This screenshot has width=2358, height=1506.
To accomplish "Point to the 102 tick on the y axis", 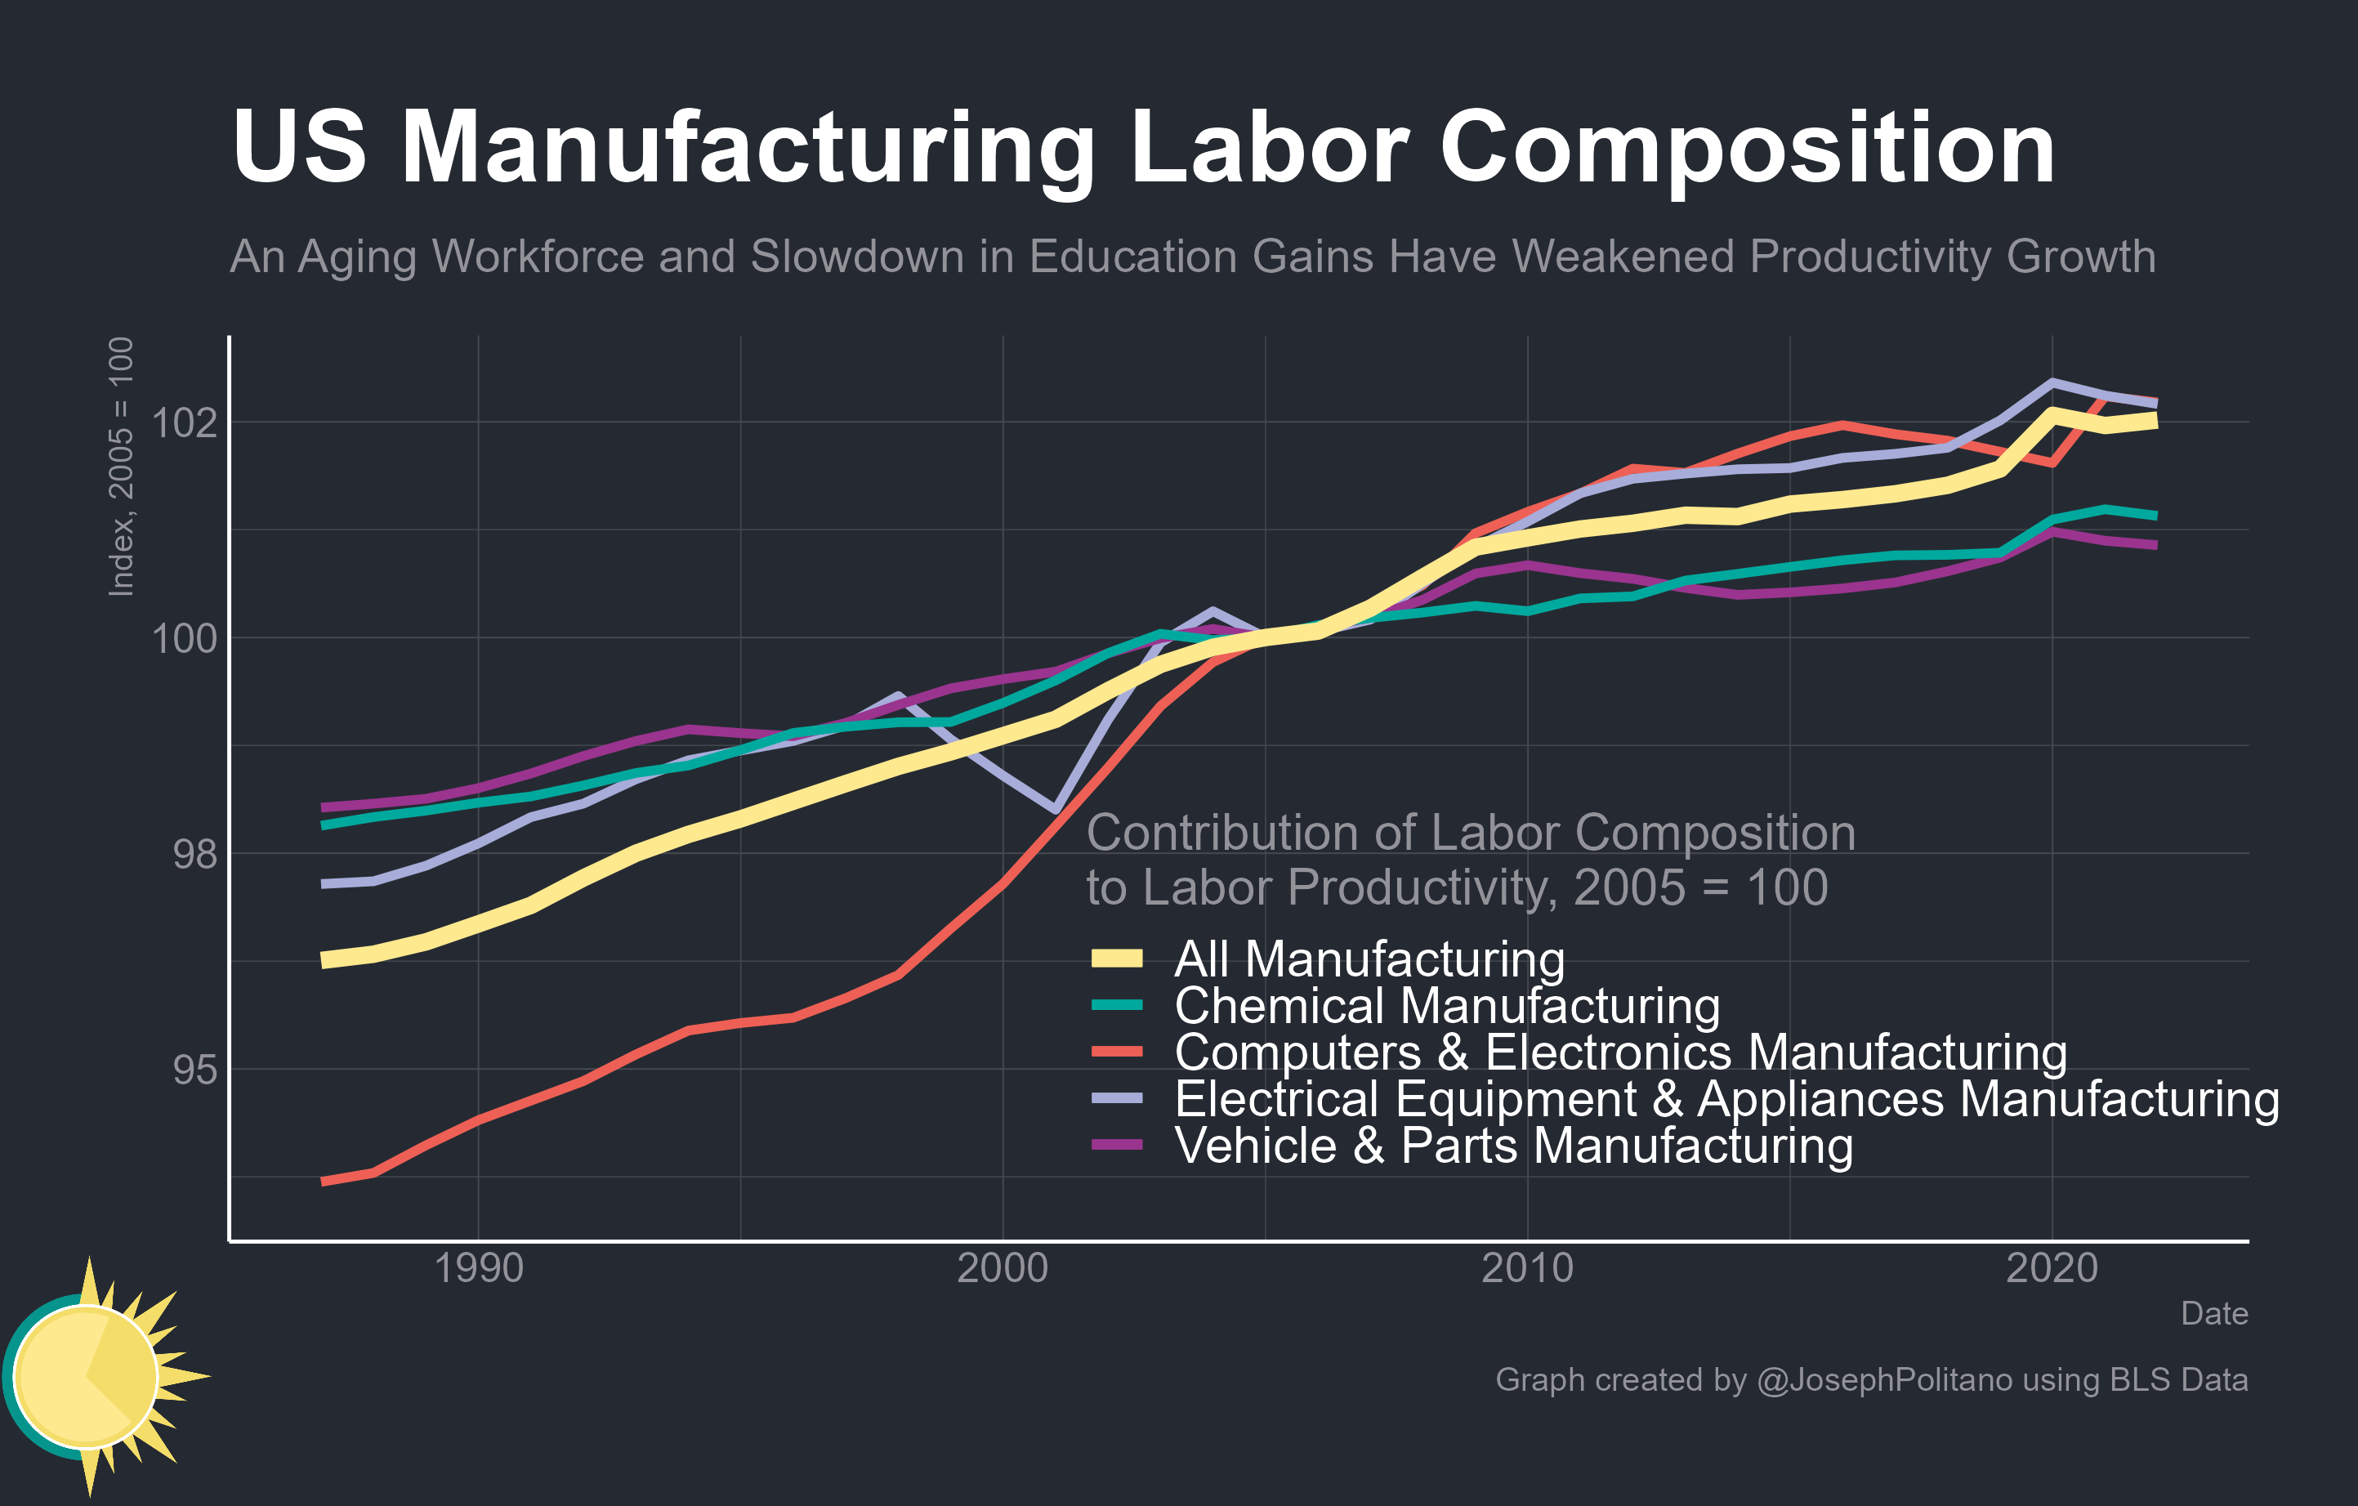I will click(184, 423).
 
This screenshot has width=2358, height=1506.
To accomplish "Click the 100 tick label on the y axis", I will click(184, 638).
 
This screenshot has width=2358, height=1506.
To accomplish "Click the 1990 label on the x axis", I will click(478, 1269).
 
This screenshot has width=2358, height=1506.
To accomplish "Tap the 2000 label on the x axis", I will click(1002, 1269).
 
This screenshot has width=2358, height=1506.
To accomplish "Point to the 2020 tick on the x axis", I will click(2052, 1269).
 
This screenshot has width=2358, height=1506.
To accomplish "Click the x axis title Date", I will click(2213, 1314).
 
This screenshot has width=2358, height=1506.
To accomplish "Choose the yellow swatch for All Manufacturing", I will click(1117, 959).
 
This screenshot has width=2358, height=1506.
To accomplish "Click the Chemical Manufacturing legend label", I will click(1446, 1006).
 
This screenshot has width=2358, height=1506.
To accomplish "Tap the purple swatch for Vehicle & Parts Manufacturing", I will click(1117, 1145).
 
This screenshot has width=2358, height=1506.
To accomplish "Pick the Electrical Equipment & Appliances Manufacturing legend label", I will click(1726, 1099).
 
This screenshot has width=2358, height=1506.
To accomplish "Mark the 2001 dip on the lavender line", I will click(1055, 810).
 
